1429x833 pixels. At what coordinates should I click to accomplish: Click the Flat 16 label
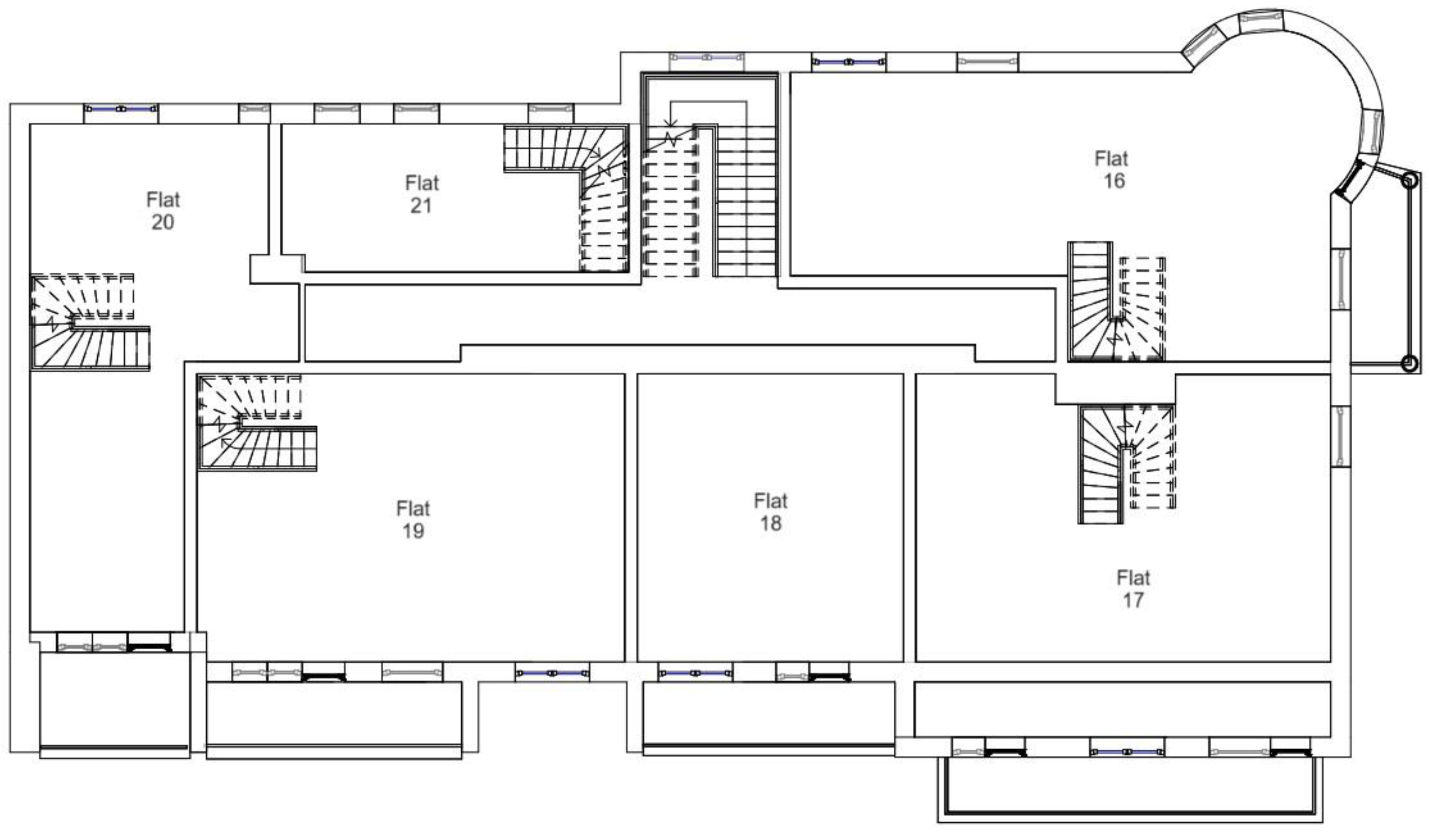[1112, 169]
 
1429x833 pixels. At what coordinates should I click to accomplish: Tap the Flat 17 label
[1133, 589]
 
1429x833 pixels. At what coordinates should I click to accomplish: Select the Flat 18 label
[771, 511]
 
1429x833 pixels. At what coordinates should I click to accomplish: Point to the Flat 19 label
[413, 519]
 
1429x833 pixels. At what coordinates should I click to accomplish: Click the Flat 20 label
[163, 210]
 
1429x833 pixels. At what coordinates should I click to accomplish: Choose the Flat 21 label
[422, 194]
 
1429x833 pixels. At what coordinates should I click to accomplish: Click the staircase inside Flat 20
[89, 322]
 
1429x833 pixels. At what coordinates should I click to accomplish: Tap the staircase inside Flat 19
[256, 423]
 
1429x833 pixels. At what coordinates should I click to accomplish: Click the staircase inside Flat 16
[1116, 302]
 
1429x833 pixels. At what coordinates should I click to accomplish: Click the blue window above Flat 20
[121, 108]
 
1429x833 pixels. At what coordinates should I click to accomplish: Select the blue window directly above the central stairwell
[706, 57]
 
